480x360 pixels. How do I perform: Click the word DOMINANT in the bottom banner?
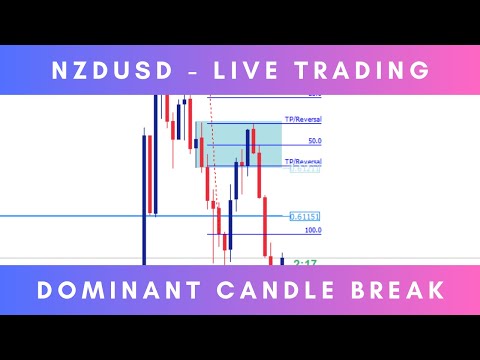point(109,290)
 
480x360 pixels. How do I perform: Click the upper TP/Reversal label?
point(303,120)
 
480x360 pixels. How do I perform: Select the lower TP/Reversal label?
point(303,161)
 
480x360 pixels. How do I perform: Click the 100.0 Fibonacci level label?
point(312,230)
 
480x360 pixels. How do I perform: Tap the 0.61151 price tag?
point(304,216)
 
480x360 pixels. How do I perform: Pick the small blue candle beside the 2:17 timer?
point(282,260)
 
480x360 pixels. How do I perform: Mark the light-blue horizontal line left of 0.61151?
point(70,215)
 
